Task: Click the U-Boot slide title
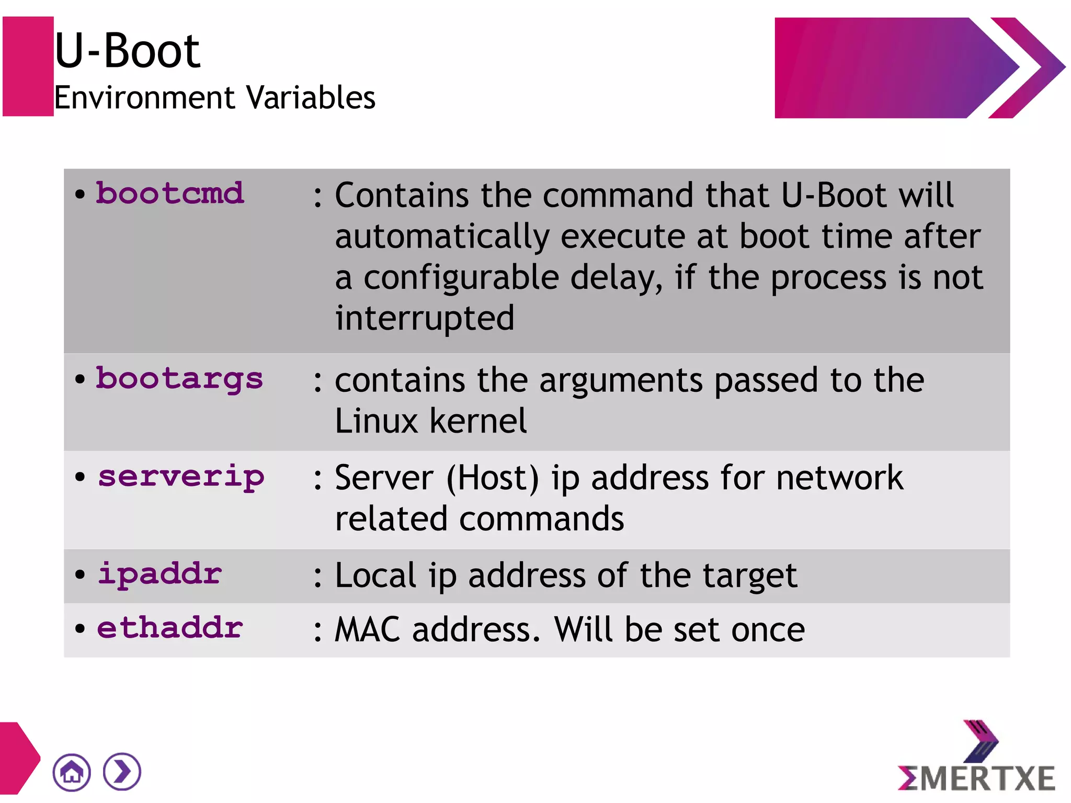127,51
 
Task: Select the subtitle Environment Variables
214,98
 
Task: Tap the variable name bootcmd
169,193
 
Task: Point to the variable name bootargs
179,379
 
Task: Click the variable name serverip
181,477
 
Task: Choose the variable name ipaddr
159,574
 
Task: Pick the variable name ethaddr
169,627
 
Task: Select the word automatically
442,236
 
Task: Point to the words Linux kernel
430,421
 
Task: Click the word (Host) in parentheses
492,478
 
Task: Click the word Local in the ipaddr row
375,575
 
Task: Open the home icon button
72,772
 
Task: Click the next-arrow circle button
122,772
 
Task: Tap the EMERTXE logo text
976,778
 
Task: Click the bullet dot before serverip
80,477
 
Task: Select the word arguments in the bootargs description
621,380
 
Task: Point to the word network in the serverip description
839,478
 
